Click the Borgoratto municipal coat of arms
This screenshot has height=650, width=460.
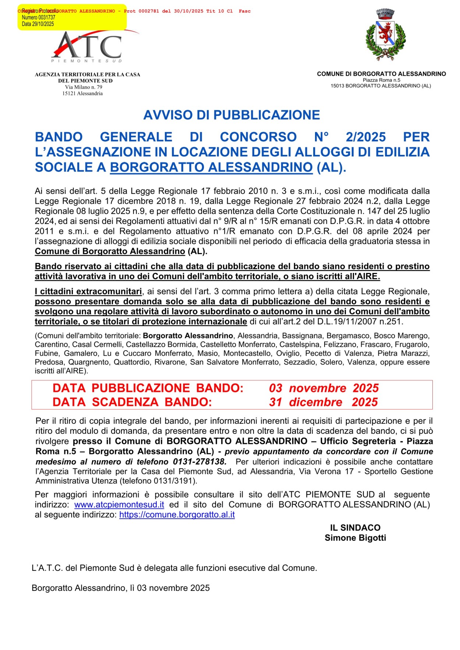[x=385, y=35]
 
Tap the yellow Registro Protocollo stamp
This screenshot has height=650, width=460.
[x=72, y=17]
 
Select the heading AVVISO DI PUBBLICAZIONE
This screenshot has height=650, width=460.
[x=231, y=115]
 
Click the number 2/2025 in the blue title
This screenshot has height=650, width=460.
[x=365, y=137]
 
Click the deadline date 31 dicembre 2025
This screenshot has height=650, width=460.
[x=323, y=402]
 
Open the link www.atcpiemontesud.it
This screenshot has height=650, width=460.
[x=119, y=505]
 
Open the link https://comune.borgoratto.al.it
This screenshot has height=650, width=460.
[x=177, y=515]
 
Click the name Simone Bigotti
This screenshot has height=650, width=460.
[x=355, y=538]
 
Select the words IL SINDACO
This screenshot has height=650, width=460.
[x=355, y=528]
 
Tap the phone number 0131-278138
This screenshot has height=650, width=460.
[x=200, y=462]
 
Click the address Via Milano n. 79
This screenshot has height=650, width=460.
[x=84, y=87]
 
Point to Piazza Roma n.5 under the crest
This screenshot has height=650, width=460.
[x=381, y=80]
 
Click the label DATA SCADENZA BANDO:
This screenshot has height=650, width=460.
[x=132, y=402]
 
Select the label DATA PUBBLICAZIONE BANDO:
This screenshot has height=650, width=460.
[x=148, y=388]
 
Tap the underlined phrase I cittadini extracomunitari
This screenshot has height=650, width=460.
[x=88, y=291]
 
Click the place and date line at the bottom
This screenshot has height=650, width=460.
[x=121, y=588]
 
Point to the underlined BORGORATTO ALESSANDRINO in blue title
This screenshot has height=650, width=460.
[x=211, y=167]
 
